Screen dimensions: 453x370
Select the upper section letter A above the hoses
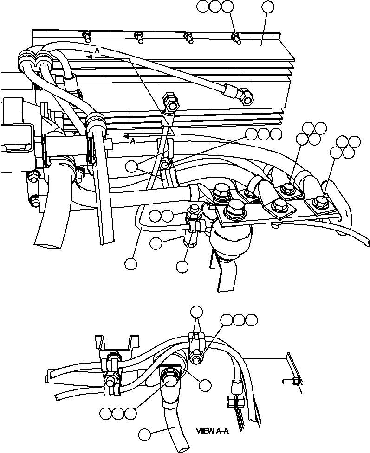pyautogui.click(x=97, y=50)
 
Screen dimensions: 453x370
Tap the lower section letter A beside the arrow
pyautogui.click(x=133, y=141)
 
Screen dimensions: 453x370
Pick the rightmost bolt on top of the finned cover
pyautogui.click(x=236, y=38)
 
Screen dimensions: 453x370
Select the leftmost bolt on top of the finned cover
pyautogui.click(x=86, y=35)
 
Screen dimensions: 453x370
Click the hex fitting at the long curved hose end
pyautogui.click(x=245, y=96)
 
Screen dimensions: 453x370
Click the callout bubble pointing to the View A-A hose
pyautogui.click(x=145, y=434)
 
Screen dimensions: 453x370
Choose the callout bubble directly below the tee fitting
pyautogui.click(x=182, y=266)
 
